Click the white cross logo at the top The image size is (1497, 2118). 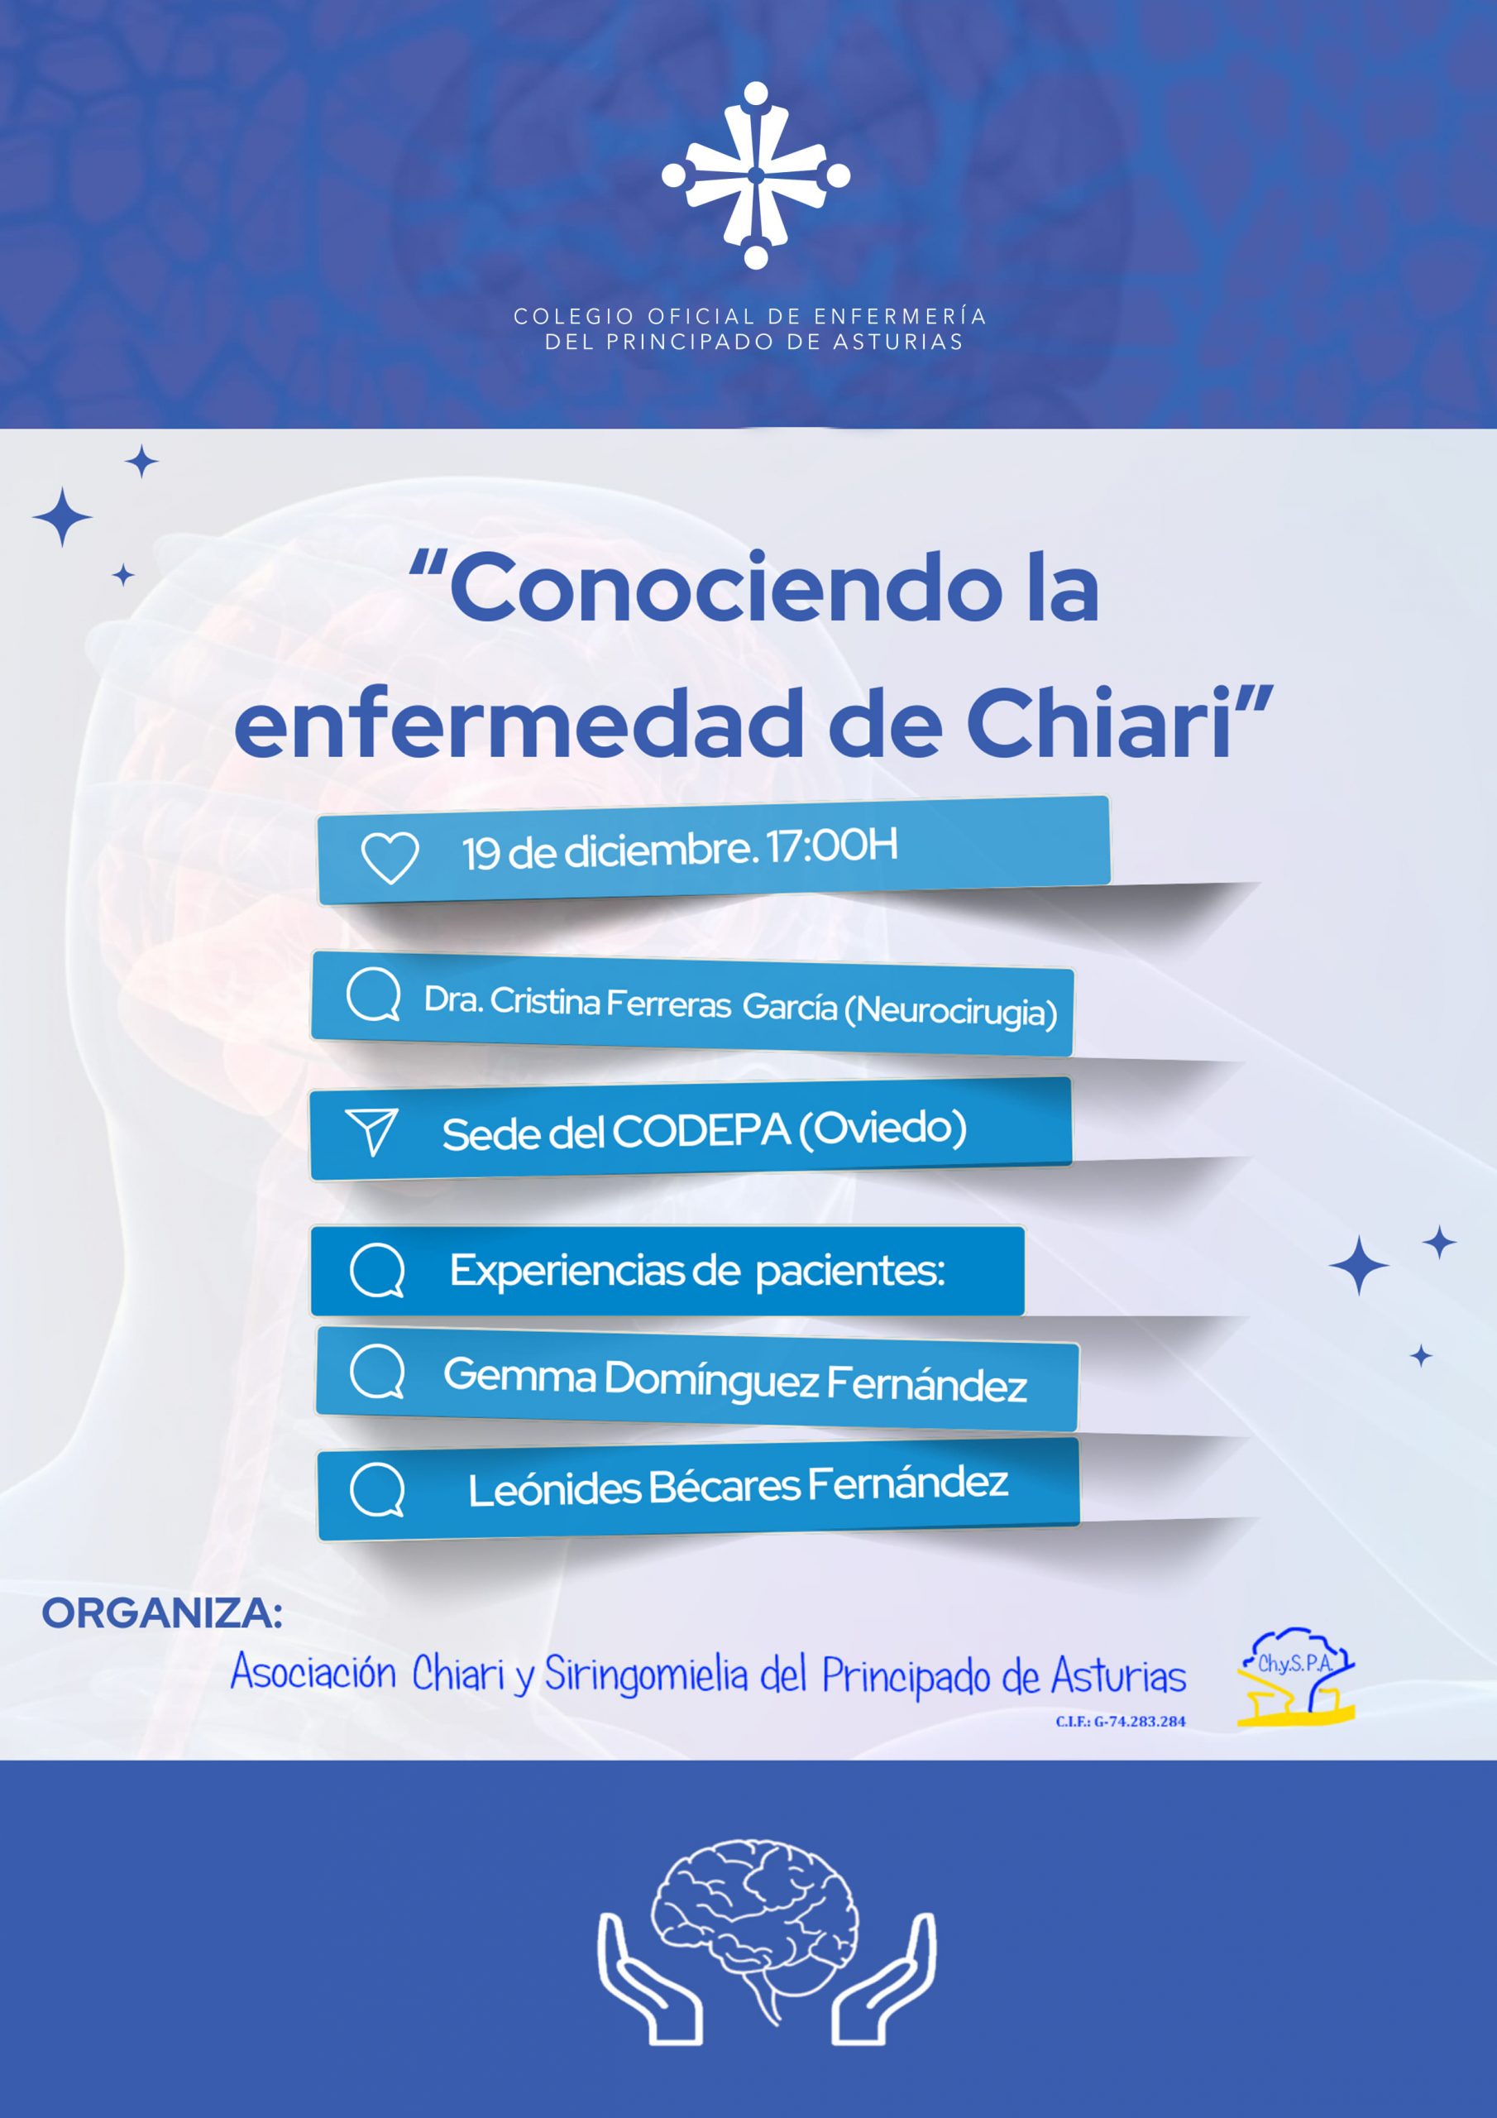click(755, 175)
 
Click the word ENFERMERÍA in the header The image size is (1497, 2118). click(900, 316)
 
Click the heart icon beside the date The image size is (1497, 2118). click(390, 858)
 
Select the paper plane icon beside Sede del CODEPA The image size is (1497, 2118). click(371, 1132)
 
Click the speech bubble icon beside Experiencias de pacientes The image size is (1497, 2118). click(377, 1271)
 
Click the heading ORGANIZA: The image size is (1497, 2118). click(162, 1613)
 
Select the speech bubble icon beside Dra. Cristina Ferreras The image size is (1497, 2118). click(374, 996)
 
